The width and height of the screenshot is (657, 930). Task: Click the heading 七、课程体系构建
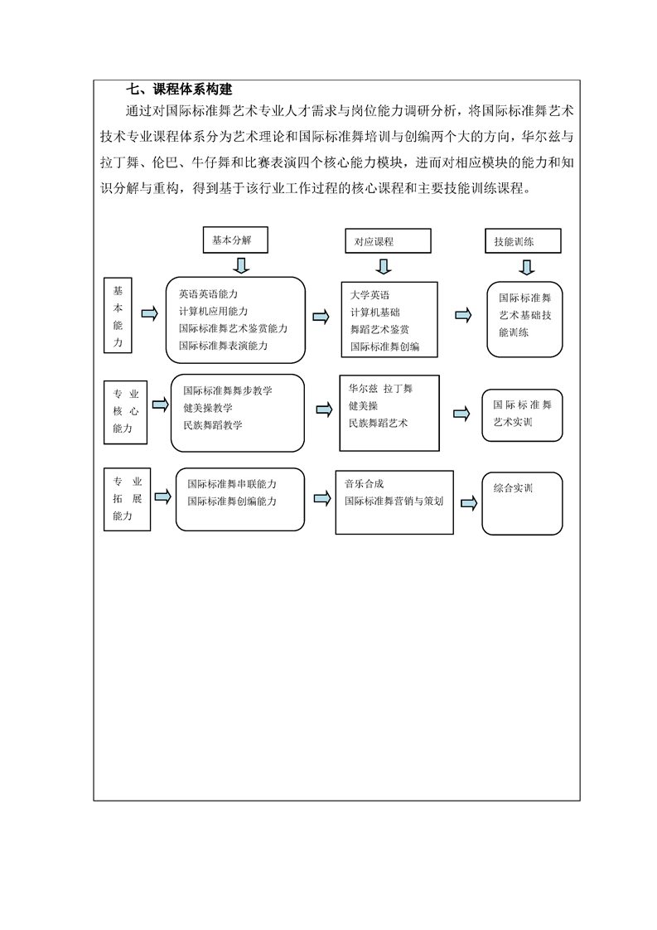pyautogui.click(x=178, y=90)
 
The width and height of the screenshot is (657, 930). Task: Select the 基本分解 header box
pyautogui.click(x=235, y=240)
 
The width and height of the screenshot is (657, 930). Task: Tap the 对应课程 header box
pyautogui.click(x=388, y=241)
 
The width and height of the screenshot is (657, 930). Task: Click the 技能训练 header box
pyautogui.click(x=523, y=241)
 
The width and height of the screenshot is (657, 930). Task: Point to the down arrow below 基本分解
pyautogui.click(x=241, y=265)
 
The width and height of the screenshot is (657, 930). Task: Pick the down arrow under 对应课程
pyautogui.click(x=384, y=266)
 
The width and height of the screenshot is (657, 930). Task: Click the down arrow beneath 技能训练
pyautogui.click(x=527, y=267)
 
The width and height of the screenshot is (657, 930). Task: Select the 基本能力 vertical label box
pyautogui.click(x=118, y=316)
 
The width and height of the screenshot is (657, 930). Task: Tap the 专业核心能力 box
pyautogui.click(x=125, y=412)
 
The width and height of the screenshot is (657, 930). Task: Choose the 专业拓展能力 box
pyautogui.click(x=127, y=500)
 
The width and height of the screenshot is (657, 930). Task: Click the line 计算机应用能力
pyautogui.click(x=214, y=312)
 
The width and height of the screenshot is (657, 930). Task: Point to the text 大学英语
pyautogui.click(x=370, y=295)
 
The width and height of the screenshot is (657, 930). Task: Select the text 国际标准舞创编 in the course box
pyautogui.click(x=384, y=346)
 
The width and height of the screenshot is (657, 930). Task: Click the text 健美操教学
pyautogui.click(x=208, y=408)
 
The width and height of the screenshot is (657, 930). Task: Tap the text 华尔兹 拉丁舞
pyautogui.click(x=380, y=389)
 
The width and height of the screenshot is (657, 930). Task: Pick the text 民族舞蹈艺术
pyautogui.click(x=379, y=423)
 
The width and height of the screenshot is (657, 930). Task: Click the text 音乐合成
pyautogui.click(x=364, y=484)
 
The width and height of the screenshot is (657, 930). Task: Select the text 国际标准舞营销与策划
pyautogui.click(x=394, y=501)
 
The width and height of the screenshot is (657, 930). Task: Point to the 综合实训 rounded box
pyautogui.click(x=522, y=504)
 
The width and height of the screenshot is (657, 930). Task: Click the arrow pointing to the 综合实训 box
pyautogui.click(x=469, y=504)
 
